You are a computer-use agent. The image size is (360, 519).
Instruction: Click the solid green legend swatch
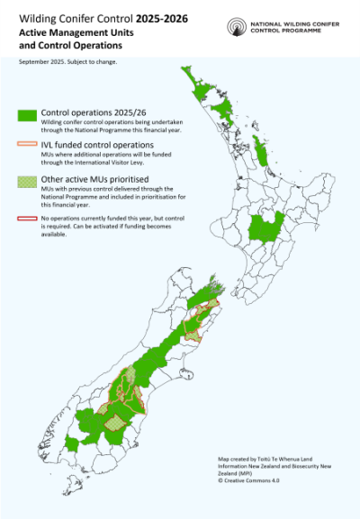[x=27, y=114]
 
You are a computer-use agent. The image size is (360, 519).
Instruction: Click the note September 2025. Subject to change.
[x=67, y=62]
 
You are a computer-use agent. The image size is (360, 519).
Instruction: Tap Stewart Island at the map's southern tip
[x=78, y=489]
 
